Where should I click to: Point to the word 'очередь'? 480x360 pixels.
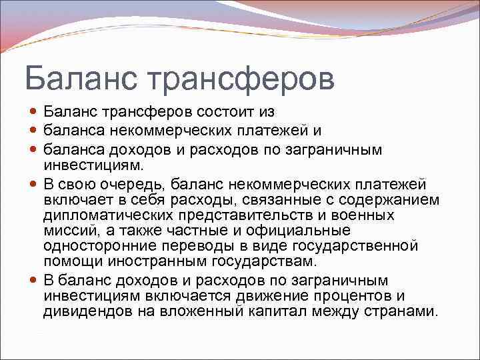tap(132, 184)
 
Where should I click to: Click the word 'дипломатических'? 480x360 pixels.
tap(112, 215)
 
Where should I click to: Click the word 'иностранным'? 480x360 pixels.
tap(163, 261)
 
